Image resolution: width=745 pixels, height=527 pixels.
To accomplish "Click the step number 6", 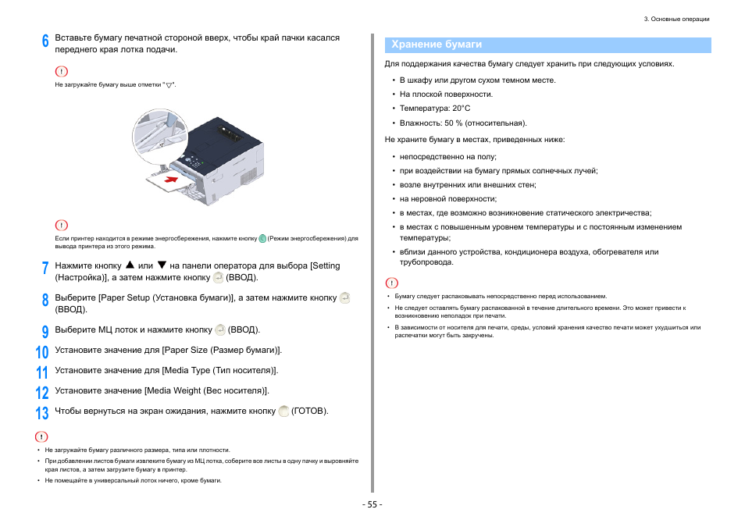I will click(x=45, y=41).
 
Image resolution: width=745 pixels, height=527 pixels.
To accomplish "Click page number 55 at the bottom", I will click(x=372, y=504).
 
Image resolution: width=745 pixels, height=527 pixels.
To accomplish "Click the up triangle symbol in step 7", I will click(x=130, y=265).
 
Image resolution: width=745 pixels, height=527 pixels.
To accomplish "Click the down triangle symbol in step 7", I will click(x=162, y=265).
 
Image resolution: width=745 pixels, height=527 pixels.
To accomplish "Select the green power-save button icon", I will click(x=262, y=238).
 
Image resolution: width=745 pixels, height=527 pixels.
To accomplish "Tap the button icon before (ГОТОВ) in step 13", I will click(x=283, y=411).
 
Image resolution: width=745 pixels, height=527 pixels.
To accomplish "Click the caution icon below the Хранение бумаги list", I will click(x=391, y=283).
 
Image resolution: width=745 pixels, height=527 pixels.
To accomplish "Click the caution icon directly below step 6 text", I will click(x=61, y=71).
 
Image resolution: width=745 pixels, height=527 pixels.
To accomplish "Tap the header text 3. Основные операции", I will click(x=677, y=19).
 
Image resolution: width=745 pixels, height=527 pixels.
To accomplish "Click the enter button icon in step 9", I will click(x=220, y=329).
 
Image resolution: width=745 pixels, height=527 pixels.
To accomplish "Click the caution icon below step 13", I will click(x=42, y=436).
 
